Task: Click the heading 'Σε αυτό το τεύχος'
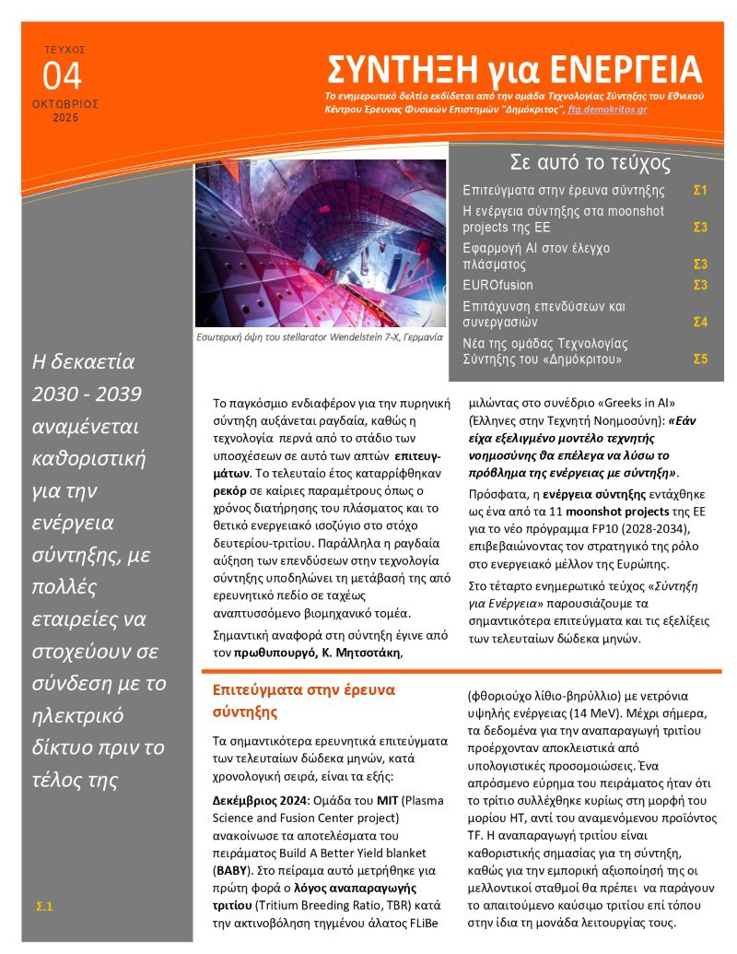click(x=590, y=163)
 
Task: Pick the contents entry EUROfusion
click(x=497, y=285)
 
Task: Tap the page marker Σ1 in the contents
click(x=699, y=191)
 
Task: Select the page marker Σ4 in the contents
click(x=699, y=322)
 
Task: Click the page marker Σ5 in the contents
click(x=699, y=359)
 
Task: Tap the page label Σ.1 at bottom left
click(x=44, y=907)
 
